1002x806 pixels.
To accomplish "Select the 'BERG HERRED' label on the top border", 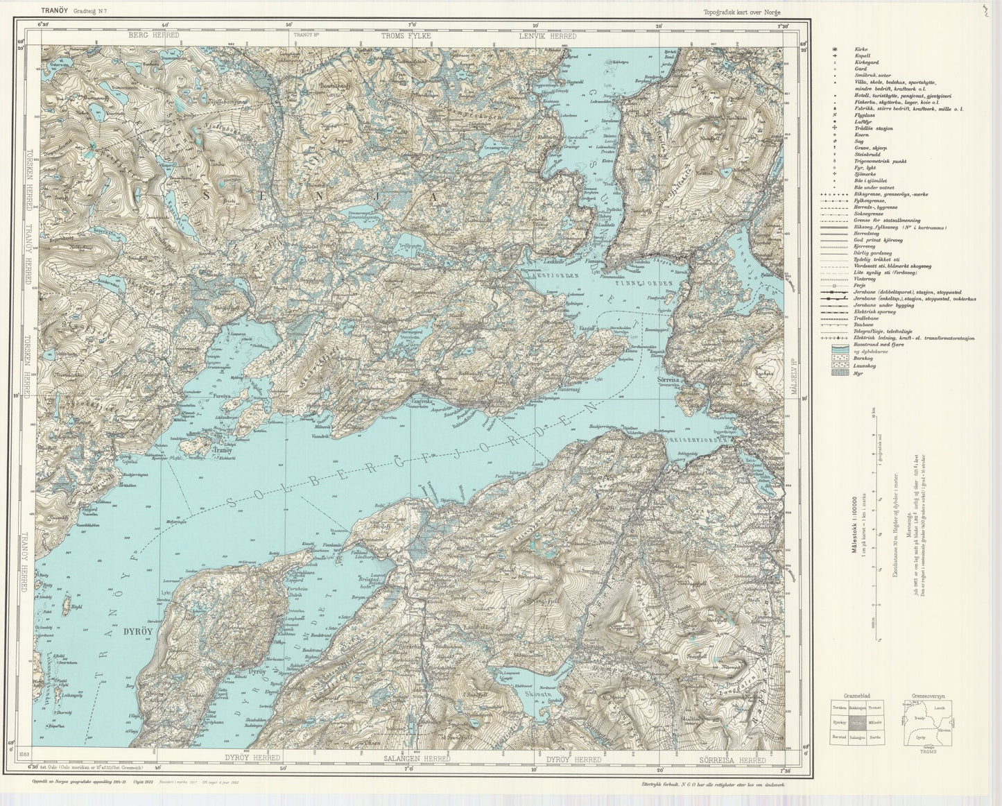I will (155, 35).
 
